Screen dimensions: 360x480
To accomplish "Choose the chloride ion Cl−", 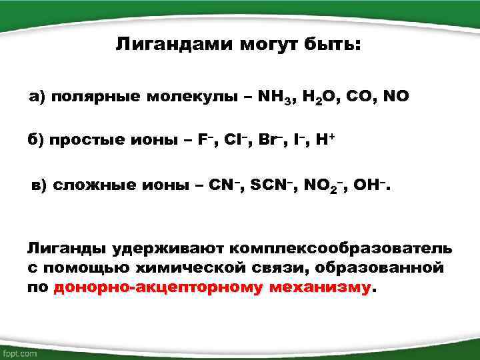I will (235, 141).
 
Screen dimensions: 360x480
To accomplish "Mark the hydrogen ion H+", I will (325, 141).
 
